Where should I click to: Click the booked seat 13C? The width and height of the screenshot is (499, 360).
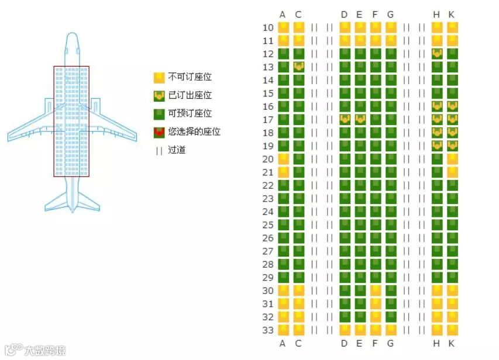tap(299, 67)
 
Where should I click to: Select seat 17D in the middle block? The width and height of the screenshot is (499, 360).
tap(344, 119)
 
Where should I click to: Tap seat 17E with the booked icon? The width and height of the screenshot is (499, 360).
tap(360, 119)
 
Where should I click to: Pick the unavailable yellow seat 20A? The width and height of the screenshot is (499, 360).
tap(283, 159)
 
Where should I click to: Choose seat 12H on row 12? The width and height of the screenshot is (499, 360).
tap(436, 54)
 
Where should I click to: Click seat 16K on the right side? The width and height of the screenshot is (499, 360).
tap(452, 106)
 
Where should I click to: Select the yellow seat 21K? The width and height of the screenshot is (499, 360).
tap(452, 172)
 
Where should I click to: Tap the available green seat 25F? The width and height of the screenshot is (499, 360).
tap(375, 225)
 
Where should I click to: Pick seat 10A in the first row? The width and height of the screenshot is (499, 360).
tap(283, 27)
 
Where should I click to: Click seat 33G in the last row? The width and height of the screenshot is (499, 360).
tap(391, 330)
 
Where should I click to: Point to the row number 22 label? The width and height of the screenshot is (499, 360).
tap(268, 185)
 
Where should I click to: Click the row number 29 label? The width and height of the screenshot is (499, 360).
tap(268, 278)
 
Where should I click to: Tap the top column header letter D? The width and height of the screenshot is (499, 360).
tap(344, 15)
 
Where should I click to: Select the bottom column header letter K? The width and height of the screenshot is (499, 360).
tap(452, 343)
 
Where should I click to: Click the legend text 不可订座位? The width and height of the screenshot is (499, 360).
tap(190, 77)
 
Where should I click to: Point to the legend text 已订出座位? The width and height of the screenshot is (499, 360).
tap(190, 95)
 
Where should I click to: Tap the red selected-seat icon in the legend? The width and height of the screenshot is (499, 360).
tap(159, 132)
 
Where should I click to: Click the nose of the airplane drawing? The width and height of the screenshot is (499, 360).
tap(71, 36)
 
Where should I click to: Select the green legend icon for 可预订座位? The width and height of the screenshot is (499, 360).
tap(159, 113)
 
